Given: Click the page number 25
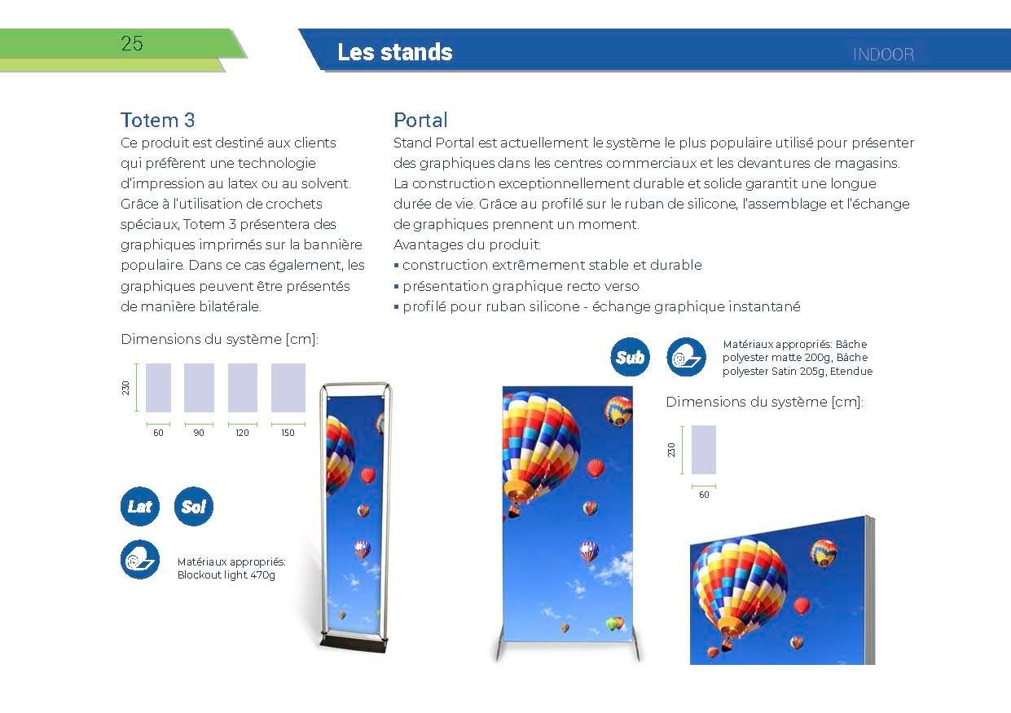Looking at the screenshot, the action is click(132, 44).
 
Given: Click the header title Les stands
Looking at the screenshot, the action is click(395, 52).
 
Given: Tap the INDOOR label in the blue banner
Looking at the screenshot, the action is click(883, 55).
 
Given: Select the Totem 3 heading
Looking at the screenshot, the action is click(157, 120).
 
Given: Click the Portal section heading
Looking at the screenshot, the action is click(420, 120).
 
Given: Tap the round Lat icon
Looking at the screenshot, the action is click(140, 506).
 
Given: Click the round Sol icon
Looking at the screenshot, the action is click(194, 506).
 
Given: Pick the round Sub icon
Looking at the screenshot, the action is click(630, 357).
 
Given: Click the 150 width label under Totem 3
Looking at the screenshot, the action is click(288, 433).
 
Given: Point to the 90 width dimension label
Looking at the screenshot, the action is click(199, 433).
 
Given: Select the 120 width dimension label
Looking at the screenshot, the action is click(242, 433).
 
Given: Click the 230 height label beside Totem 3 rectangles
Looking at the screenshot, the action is click(125, 387).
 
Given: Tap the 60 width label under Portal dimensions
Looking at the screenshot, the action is click(704, 495).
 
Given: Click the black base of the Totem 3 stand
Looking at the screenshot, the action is click(354, 644).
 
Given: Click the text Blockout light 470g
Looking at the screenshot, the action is click(226, 574).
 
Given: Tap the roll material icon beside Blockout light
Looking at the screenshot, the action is click(140, 560).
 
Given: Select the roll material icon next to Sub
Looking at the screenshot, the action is click(686, 357).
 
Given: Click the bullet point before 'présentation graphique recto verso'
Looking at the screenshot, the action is click(396, 286).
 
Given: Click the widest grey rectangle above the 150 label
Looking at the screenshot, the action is click(288, 388).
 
